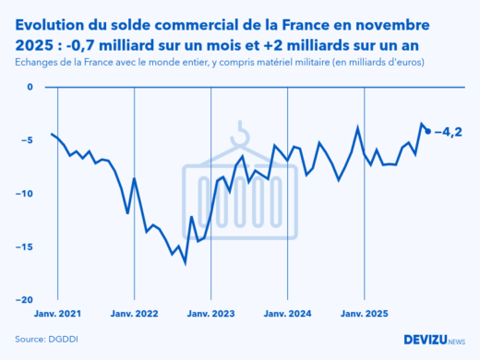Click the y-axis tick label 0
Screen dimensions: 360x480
29,88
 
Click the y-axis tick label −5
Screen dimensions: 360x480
27,140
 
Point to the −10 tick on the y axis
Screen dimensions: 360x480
24,194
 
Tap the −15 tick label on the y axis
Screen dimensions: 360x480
24,246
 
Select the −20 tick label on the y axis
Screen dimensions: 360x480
24,300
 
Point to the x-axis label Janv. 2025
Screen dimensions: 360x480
365,314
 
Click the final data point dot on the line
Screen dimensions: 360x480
427,131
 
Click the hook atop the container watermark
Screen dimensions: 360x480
242,132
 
